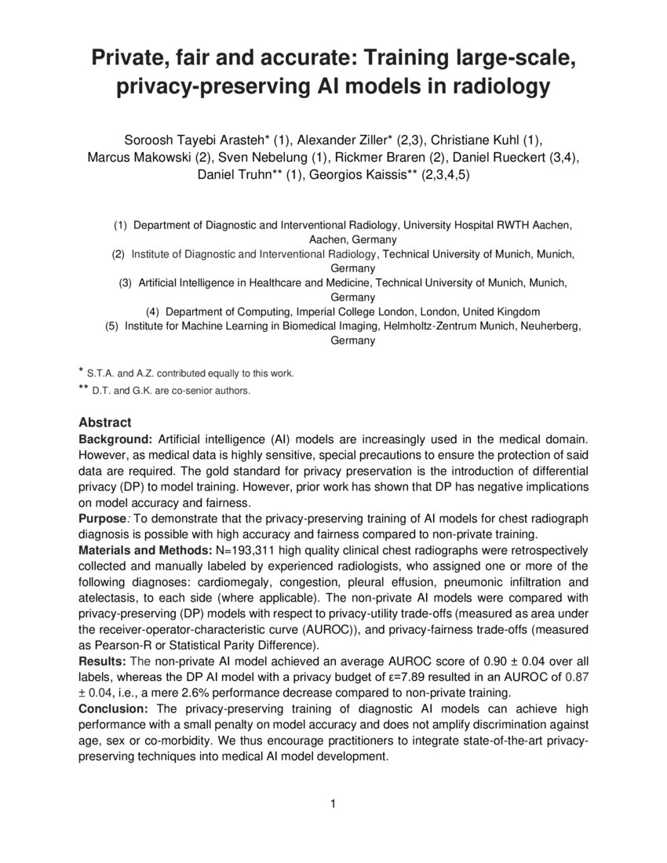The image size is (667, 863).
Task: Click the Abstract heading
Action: pyautogui.click(x=105, y=421)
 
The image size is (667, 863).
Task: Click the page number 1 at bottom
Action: pyautogui.click(x=333, y=803)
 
